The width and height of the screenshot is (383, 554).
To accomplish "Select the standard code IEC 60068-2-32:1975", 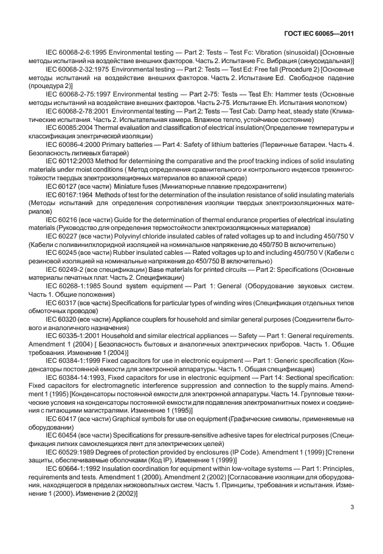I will tap(79, 70).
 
